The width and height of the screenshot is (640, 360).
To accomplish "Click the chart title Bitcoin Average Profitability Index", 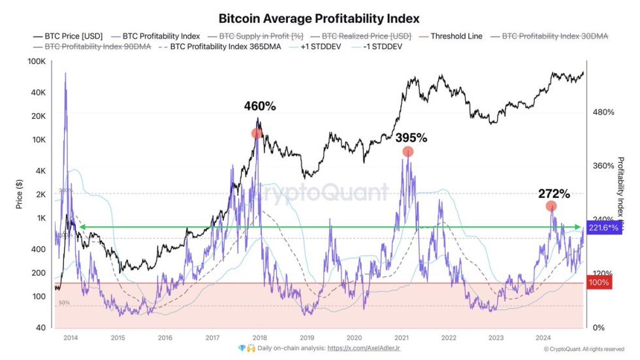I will click(319, 18).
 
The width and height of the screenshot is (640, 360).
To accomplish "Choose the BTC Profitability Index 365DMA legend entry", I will click(218, 48).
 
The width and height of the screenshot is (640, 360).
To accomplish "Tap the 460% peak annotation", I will click(261, 106).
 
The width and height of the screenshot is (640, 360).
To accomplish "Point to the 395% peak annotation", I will click(411, 138).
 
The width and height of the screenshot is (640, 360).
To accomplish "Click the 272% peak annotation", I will click(554, 193).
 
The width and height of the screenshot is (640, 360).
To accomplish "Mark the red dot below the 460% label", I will click(257, 133).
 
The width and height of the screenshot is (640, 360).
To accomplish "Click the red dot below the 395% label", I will click(408, 152).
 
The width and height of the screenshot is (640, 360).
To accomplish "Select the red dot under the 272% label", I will click(551, 206).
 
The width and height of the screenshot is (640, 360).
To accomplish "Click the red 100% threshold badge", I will click(599, 283).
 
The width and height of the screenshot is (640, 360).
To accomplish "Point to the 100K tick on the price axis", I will click(35, 61).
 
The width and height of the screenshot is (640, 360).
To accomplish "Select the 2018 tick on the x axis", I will click(259, 338).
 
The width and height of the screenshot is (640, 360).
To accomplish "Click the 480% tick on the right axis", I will click(603, 112).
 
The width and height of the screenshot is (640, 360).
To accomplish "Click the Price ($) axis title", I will click(20, 193).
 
